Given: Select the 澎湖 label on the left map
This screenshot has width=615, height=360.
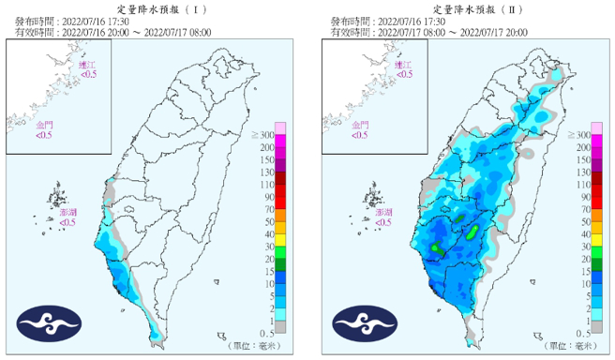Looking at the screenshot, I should [68, 214].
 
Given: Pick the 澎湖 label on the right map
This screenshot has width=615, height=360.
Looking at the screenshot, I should [383, 214].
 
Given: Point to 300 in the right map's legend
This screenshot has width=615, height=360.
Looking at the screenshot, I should [582, 137].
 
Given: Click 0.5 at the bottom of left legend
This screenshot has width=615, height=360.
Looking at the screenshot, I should [267, 333].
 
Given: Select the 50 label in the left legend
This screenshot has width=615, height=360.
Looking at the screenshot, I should [269, 222].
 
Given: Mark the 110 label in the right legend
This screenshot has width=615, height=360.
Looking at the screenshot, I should [582, 186].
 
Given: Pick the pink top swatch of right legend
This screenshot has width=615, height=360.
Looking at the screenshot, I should [597, 127].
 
